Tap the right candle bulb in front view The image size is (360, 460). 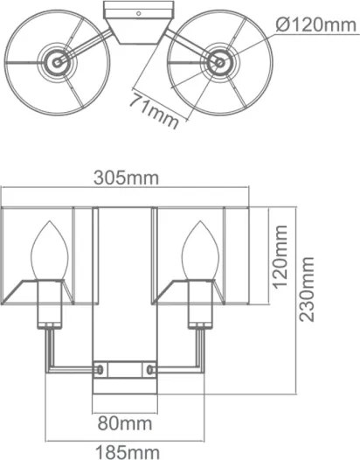point(197,254)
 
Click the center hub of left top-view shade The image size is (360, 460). point(56,62)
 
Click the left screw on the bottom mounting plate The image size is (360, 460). point(99,371)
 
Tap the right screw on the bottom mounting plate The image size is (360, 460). point(156,371)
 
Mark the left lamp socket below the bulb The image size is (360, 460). point(49,306)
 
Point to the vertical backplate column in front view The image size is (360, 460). point(126,289)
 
